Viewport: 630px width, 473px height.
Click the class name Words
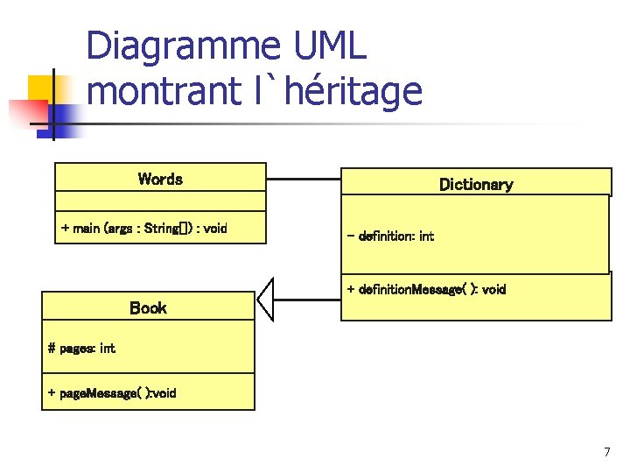pyautogui.click(x=160, y=180)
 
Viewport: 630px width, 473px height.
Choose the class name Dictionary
pyautogui.click(x=475, y=185)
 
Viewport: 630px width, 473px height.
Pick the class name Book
pyautogui.click(x=148, y=308)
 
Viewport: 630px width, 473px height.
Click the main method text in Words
pyautogui.click(x=143, y=229)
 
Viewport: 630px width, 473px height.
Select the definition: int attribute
pyautogui.click(x=390, y=236)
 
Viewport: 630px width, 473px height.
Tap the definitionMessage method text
pyautogui.click(x=426, y=289)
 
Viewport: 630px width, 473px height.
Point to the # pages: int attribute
pyautogui.click(x=81, y=348)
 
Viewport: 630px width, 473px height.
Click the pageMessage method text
pyautogui.click(x=111, y=393)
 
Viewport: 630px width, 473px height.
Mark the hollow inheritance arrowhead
pyautogui.click(x=266, y=300)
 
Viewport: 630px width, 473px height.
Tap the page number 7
pyautogui.click(x=606, y=452)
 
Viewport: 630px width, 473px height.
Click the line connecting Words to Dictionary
pyautogui.click(x=303, y=179)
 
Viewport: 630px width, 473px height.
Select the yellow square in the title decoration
pyautogui.click(x=41, y=88)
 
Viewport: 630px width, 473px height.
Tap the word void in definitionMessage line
pyautogui.click(x=493, y=289)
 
